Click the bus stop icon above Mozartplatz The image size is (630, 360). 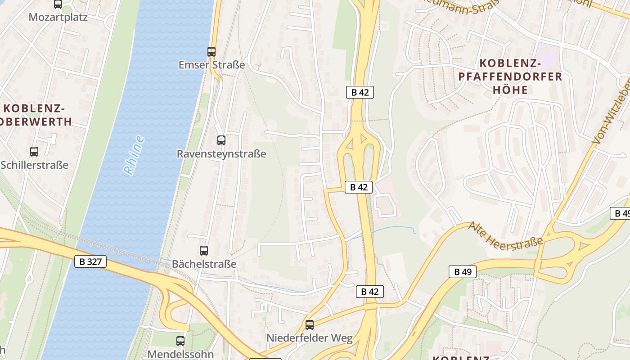tap(58, 4)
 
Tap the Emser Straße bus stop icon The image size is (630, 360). tap(211, 51)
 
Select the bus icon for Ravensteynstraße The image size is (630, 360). tap(221, 140)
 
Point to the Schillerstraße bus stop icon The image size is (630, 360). tap(34, 152)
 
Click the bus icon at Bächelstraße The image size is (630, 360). tap(204, 250)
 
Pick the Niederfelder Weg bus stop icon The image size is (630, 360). tap(310, 324)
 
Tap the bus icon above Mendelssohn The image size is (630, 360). tap(180, 341)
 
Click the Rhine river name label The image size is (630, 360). tap(134, 155)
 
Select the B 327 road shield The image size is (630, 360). tap(90, 261)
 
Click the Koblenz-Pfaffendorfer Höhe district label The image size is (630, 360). tap(510, 76)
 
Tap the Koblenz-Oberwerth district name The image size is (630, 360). tap(36, 115)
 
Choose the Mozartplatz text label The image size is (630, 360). tap(58, 17)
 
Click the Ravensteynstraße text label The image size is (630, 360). tap(221, 154)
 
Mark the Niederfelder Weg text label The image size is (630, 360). tap(310, 338)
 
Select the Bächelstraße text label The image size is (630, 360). tap(204, 264)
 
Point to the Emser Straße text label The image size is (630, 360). tap(211, 65)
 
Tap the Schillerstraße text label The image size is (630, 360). tap(34, 165)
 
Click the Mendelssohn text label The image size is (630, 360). tap(180, 354)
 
